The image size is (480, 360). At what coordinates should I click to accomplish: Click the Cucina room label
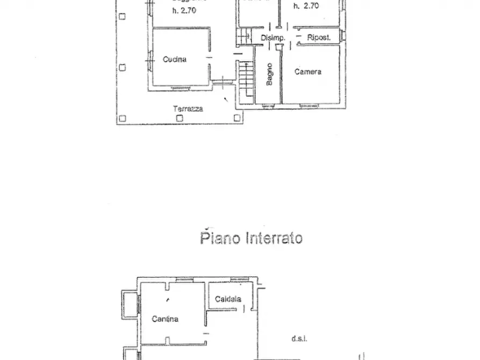[x=175, y=59]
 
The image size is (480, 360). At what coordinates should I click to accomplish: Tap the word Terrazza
[x=188, y=109]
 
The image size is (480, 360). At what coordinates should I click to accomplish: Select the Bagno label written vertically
[x=269, y=74]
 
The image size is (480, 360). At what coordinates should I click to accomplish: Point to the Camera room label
[x=308, y=71]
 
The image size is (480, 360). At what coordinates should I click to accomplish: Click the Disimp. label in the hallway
[x=272, y=38]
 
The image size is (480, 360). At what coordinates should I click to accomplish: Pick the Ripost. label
[x=318, y=38]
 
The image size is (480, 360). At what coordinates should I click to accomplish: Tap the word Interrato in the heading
[x=274, y=238]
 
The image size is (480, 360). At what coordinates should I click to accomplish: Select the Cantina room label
[x=164, y=319]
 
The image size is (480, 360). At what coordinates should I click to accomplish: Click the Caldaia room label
[x=228, y=299]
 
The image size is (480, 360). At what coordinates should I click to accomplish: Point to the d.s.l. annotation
[x=299, y=339]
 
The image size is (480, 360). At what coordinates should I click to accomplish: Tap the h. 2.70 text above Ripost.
[x=306, y=6]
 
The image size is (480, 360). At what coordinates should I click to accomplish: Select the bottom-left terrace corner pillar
[x=123, y=119]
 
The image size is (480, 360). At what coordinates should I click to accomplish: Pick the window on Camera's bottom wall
[x=311, y=106]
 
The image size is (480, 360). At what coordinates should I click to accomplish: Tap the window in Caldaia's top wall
[x=237, y=280]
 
